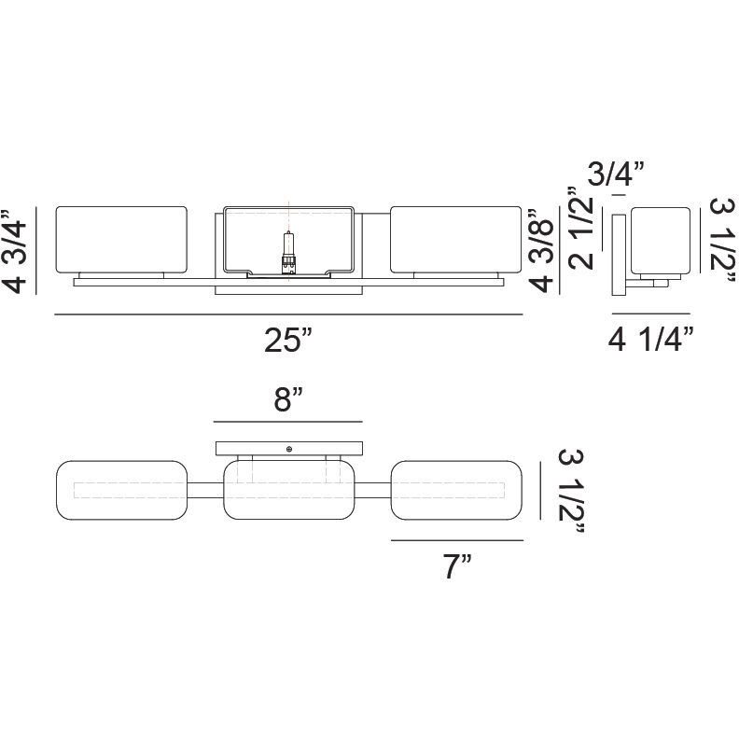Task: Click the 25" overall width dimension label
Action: tap(286, 342)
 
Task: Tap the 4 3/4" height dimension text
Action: tap(19, 250)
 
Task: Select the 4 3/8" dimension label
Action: tap(544, 250)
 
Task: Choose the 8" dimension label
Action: tap(289, 402)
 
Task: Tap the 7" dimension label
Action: tap(455, 565)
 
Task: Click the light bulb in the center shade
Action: tap(288, 252)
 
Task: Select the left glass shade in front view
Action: tap(122, 241)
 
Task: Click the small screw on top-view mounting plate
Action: tap(289, 450)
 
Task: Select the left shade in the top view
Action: tap(122, 489)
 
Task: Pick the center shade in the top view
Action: tap(289, 489)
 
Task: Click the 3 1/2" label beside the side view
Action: tap(723, 241)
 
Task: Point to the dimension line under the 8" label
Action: tap(287, 421)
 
